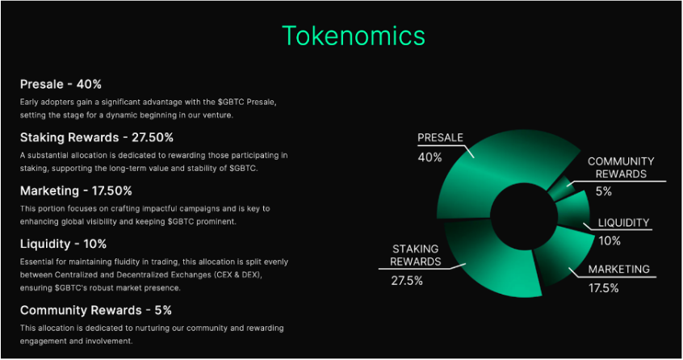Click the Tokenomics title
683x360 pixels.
click(353, 36)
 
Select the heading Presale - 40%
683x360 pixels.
click(61, 84)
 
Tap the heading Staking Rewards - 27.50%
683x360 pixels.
click(96, 137)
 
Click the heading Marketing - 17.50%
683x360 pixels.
click(76, 190)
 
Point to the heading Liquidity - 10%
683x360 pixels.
click(63, 244)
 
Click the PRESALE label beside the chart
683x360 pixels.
click(440, 138)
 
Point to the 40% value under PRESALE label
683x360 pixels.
click(429, 157)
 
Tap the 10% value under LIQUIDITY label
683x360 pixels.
click(610, 241)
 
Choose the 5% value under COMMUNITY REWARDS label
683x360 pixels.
click(604, 192)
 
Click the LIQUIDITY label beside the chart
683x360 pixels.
click(623, 223)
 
